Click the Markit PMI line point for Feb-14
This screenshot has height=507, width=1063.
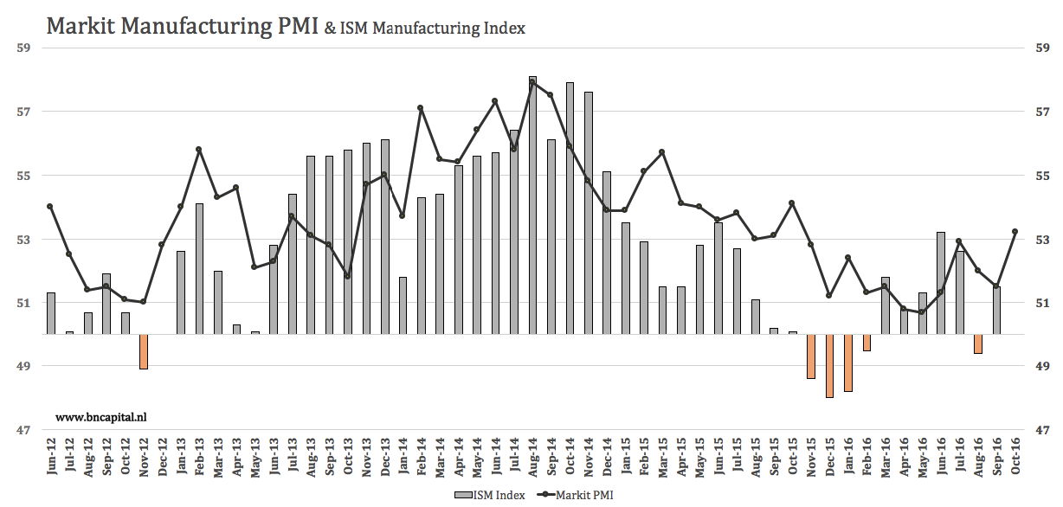pyautogui.click(x=421, y=108)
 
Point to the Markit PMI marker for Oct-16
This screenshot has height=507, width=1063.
pyautogui.click(x=1015, y=231)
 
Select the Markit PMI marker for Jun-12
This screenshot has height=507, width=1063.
pyautogui.click(x=50, y=206)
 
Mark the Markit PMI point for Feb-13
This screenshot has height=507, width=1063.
pyautogui.click(x=198, y=150)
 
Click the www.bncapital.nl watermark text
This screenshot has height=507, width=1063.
pyautogui.click(x=101, y=417)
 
